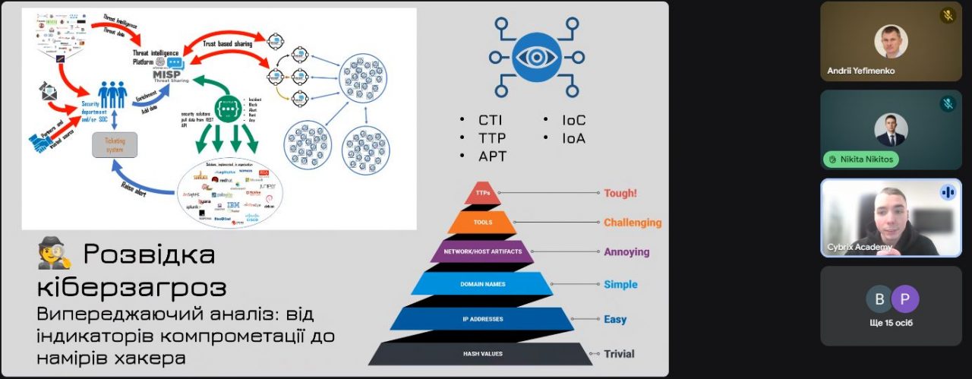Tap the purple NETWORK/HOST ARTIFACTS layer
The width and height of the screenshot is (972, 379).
[481, 251]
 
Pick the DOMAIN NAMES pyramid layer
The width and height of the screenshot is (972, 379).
[482, 285]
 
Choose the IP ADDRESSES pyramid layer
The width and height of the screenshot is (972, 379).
[482, 319]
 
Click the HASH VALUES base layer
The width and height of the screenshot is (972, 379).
[482, 353]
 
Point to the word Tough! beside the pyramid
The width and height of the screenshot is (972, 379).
[620, 193]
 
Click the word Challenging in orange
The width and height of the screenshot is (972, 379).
[633, 223]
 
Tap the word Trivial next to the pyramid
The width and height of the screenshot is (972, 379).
[619, 353]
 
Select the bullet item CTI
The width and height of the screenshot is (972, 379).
[490, 120]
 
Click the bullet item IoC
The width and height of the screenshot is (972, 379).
[573, 120]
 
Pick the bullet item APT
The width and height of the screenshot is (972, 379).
[492, 156]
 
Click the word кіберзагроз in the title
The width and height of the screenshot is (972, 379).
[131, 288]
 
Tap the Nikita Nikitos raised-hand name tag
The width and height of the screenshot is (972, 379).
[860, 159]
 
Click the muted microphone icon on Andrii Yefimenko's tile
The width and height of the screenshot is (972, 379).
[948, 15]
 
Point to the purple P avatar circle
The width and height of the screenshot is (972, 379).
[904, 299]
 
